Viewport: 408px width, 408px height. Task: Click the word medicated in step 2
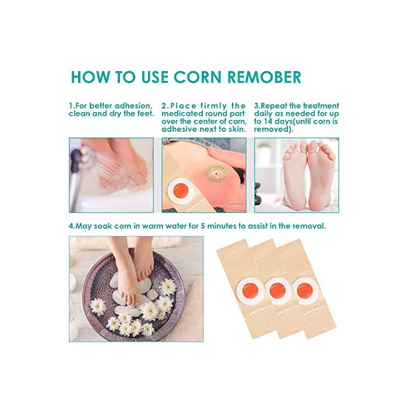182,114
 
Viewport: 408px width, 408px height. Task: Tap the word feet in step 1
144,114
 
